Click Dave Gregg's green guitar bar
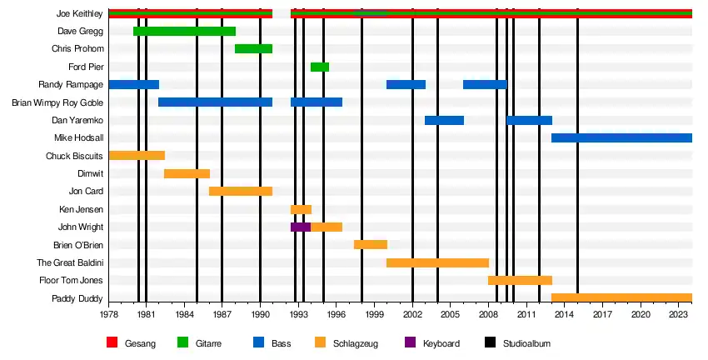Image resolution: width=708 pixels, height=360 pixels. coord(184,32)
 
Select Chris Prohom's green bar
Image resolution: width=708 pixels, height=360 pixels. coord(253,49)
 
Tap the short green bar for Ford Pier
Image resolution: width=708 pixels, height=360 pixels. coord(320,67)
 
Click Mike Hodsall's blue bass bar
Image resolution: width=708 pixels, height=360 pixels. coord(621,137)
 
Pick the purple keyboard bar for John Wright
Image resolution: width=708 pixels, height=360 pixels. coord(300,227)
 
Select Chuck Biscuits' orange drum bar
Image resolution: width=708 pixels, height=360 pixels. coord(137,156)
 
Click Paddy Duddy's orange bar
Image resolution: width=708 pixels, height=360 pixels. coord(621,297)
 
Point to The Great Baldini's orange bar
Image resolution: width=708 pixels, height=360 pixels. coord(437,262)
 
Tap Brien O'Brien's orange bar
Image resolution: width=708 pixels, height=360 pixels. coord(371,244)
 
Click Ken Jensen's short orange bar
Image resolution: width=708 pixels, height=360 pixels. coord(301,209)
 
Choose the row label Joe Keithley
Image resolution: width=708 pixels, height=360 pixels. coord(80,14)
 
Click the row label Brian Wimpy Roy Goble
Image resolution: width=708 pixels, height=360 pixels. coord(57,102)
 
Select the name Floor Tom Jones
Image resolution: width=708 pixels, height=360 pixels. coord(70,280)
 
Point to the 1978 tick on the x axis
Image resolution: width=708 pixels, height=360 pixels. coord(109,314)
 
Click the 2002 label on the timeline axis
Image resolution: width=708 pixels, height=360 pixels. coord(412,314)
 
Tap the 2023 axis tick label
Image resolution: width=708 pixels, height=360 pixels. coord(679,314)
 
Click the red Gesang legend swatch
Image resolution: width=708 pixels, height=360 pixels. coord(113,342)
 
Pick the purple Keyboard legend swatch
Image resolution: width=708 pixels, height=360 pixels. coord(410,342)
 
